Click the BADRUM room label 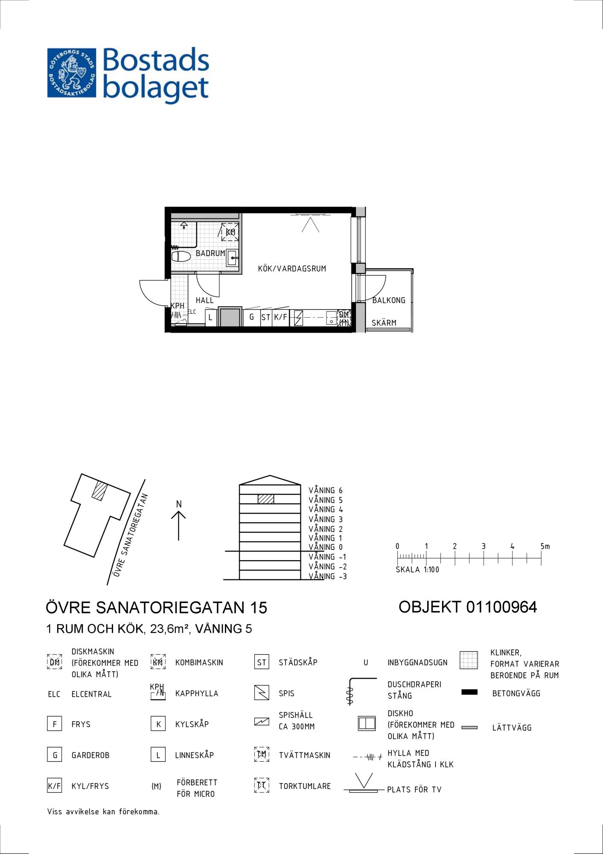[210, 253]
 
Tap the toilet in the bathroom [181, 257]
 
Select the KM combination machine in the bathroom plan [230, 232]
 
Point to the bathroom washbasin [232, 257]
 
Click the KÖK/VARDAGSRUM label [292, 269]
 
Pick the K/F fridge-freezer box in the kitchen [280, 317]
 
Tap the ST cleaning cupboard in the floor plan [266, 317]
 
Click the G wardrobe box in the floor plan [252, 317]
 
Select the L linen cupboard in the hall [210, 318]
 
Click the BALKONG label [389, 300]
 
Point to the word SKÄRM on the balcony [384, 323]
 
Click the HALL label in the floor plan [204, 300]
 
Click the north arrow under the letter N [178, 526]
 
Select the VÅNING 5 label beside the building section [326, 500]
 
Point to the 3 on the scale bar [484, 546]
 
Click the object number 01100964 [501, 607]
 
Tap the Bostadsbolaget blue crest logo [72, 73]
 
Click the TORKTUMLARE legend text [305, 786]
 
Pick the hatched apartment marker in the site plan [100, 491]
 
